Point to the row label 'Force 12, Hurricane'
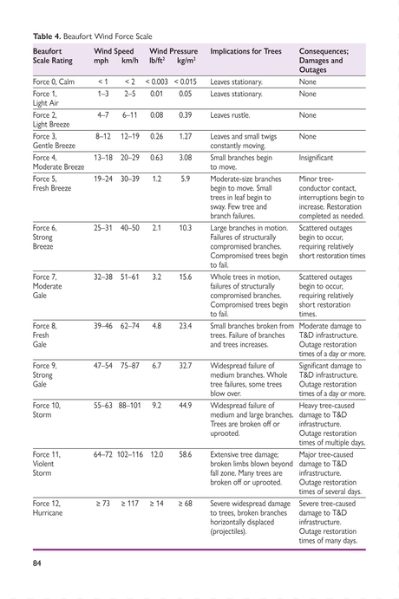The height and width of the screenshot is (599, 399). click(48, 508)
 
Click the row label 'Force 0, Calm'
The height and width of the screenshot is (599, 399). click(55, 81)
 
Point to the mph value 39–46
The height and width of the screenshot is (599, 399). click(103, 327)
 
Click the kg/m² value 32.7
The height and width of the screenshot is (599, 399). click(185, 366)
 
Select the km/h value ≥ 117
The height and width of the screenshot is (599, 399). click(130, 503)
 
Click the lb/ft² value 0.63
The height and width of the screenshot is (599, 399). click(157, 159)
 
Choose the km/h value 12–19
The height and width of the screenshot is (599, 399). click(130, 136)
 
